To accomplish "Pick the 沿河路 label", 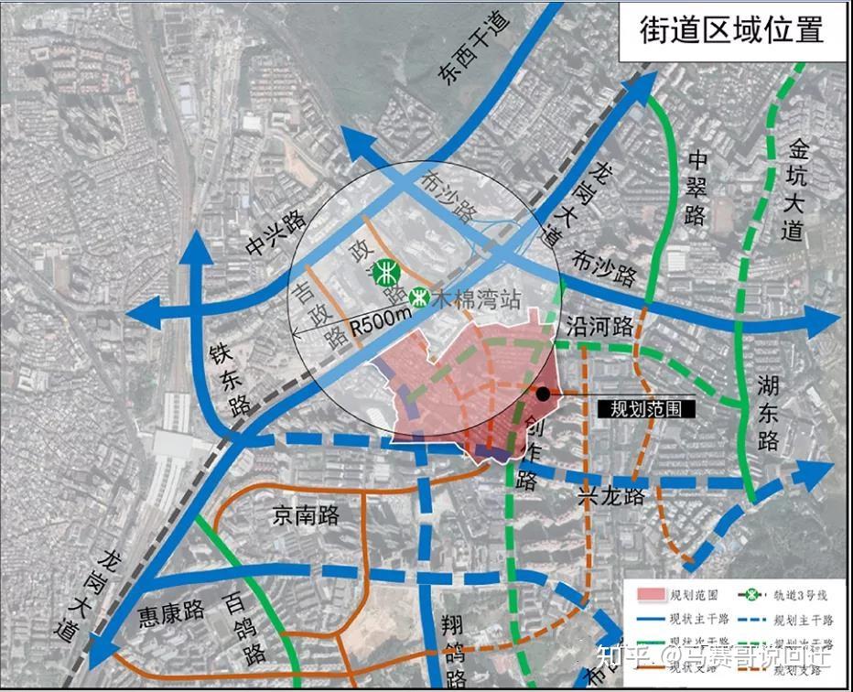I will pyautogui.click(x=599, y=327).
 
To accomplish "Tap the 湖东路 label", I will pyautogui.click(x=767, y=416).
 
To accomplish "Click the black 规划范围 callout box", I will pyautogui.click(x=645, y=409).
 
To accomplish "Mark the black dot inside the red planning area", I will pyautogui.click(x=543, y=394).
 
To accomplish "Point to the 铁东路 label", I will pyautogui.click(x=230, y=379).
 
